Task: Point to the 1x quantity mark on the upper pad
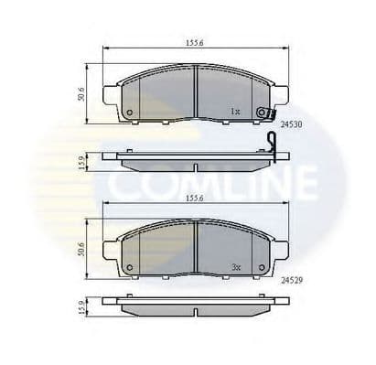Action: point(235,112)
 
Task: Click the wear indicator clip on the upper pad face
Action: point(264,113)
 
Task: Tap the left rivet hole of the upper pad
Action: point(129,113)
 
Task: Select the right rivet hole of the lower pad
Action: point(263,267)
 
